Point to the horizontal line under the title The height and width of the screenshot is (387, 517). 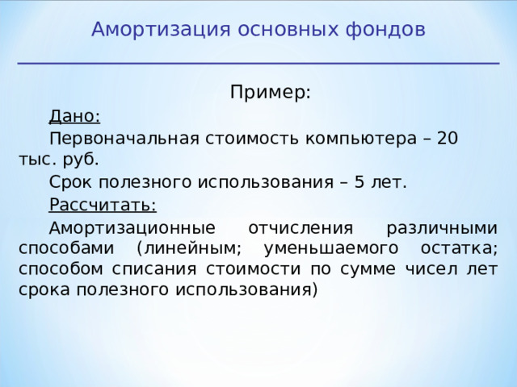pyautogui.click(x=258, y=63)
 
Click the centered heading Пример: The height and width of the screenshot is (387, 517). pyautogui.click(x=270, y=92)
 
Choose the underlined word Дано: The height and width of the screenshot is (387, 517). pyautogui.click(x=74, y=115)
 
